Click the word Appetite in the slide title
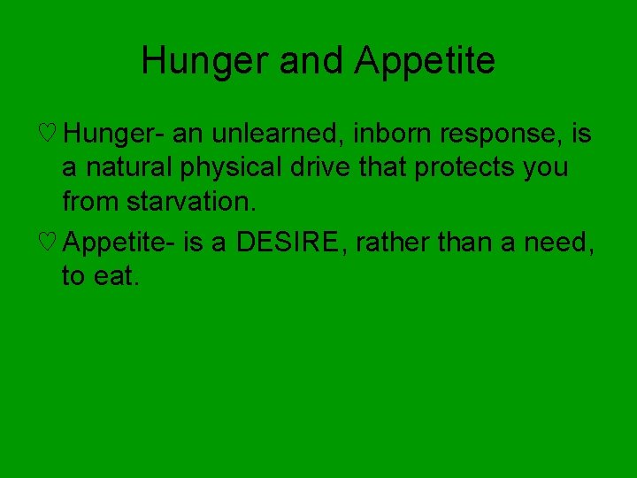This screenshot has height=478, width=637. point(425,61)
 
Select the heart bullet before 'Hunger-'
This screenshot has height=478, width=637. point(50,135)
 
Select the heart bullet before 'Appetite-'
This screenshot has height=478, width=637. point(50,242)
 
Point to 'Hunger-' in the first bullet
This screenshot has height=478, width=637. point(114,135)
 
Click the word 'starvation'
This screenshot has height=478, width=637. point(189,201)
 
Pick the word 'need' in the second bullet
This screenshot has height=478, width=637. point(563,241)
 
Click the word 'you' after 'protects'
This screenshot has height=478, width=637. point(546,168)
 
